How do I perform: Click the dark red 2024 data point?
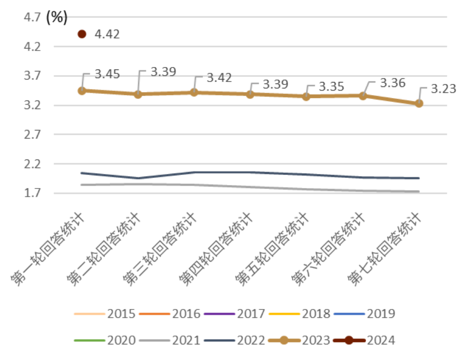tap(82, 34)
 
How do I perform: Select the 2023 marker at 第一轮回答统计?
tap(82, 90)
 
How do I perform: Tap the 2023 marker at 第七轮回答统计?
tap(419, 103)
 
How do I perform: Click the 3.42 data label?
tap(219, 78)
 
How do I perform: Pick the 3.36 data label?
tap(392, 83)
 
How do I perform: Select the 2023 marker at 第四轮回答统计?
tap(250, 94)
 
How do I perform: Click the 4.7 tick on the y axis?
tap(32, 17)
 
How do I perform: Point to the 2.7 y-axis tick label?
tap(32, 134)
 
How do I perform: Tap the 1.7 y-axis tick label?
tap(32, 193)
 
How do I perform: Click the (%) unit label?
tap(56, 17)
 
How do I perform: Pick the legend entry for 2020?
tap(105, 340)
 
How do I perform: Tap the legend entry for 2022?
tap(234, 340)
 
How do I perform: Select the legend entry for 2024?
tap(364, 340)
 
